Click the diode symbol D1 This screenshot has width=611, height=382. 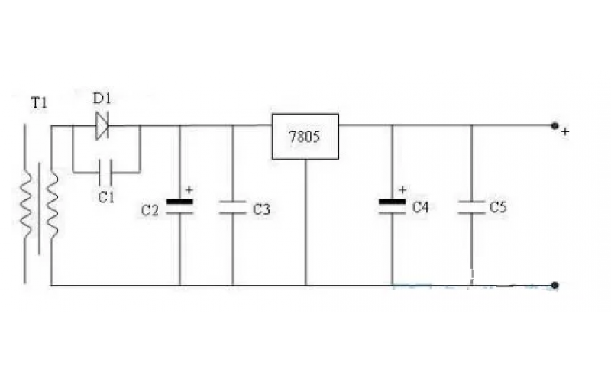point(102,125)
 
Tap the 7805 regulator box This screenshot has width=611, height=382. point(305,137)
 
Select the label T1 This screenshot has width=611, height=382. point(39,103)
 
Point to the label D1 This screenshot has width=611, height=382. point(102,99)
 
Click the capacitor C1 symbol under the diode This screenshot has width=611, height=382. point(105,172)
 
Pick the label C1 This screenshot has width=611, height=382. point(106,197)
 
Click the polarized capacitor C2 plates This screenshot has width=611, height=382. point(179,207)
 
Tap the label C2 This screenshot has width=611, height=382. point(150,211)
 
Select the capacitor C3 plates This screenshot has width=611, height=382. point(233,207)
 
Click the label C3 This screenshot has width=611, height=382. point(261,209)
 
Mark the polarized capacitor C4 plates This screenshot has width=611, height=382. point(392,206)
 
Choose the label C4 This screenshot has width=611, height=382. point(420,207)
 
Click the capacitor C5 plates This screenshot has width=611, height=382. point(471,207)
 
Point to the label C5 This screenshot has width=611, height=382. point(498,207)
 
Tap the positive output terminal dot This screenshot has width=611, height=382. point(554,125)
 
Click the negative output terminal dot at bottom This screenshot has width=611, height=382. point(555,285)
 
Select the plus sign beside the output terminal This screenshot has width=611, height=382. point(565,131)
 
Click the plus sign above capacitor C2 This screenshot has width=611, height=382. point(189,189)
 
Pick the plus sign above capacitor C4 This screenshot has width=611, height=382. point(402,189)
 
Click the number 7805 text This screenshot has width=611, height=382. point(304,137)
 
